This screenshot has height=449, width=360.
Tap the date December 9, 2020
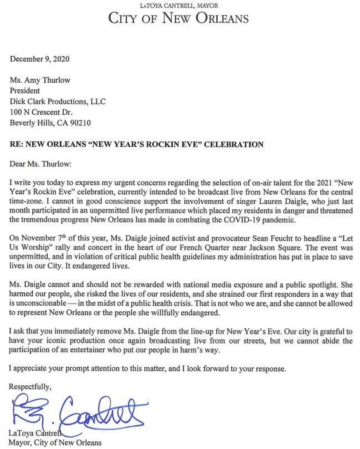click(x=40, y=59)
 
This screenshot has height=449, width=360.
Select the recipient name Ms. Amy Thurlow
click(x=40, y=81)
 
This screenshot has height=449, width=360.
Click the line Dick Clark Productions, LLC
click(x=58, y=101)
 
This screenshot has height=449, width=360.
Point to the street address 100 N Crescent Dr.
click(x=42, y=112)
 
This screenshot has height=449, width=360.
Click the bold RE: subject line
click(x=136, y=144)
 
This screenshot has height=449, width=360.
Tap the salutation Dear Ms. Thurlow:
click(x=40, y=164)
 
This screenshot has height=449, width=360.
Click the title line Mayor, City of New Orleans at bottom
click(x=55, y=442)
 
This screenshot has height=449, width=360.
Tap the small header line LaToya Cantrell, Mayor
click(x=179, y=6)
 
